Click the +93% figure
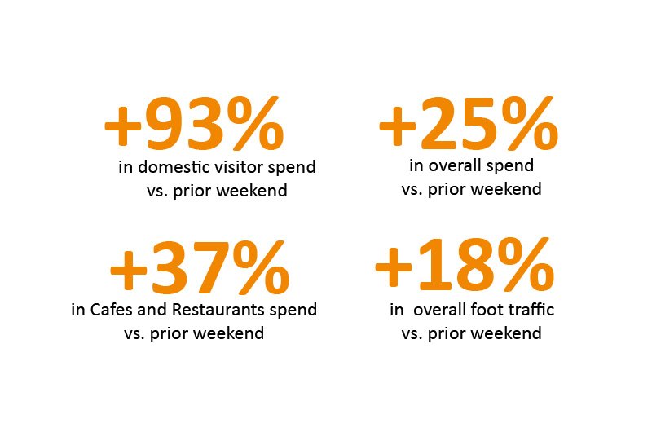pyautogui.click(x=194, y=124)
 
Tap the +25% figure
pyautogui.click(x=469, y=124)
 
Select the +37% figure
pyautogui.click(x=200, y=267)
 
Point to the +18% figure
pyautogui.click(x=465, y=263)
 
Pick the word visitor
pyautogui.click(x=244, y=167)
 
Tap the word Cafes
pyautogui.click(x=111, y=310)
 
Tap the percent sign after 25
pyautogui.click(x=529, y=124)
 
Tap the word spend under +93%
pyautogui.click(x=292, y=168)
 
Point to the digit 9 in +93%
pyautogui.click(x=165, y=124)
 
